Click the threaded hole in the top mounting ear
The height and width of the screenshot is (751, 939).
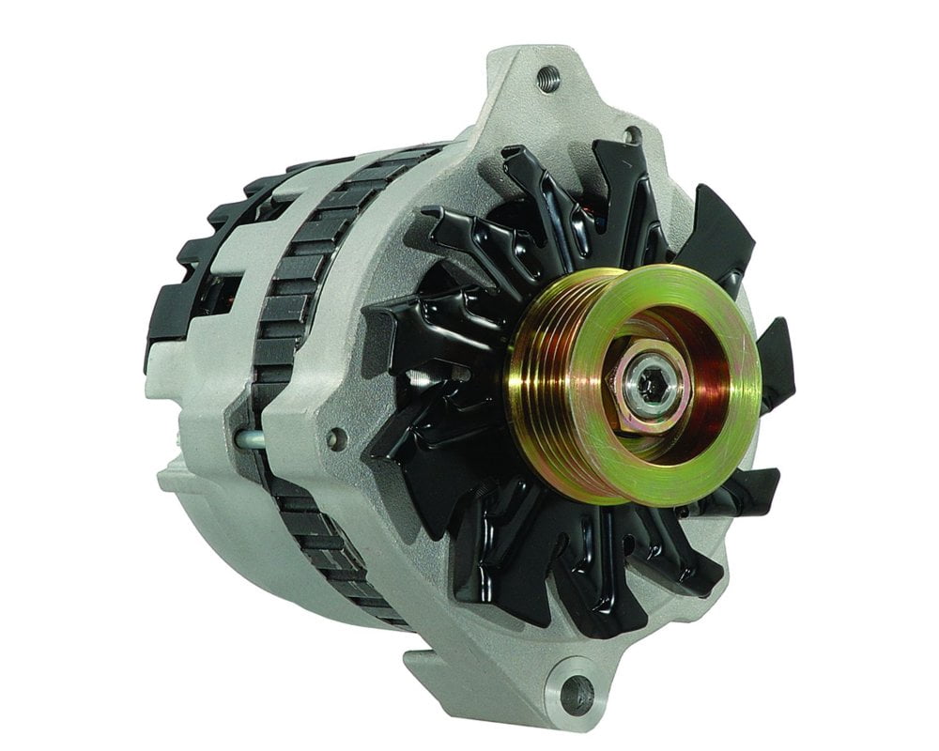point(548,78)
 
